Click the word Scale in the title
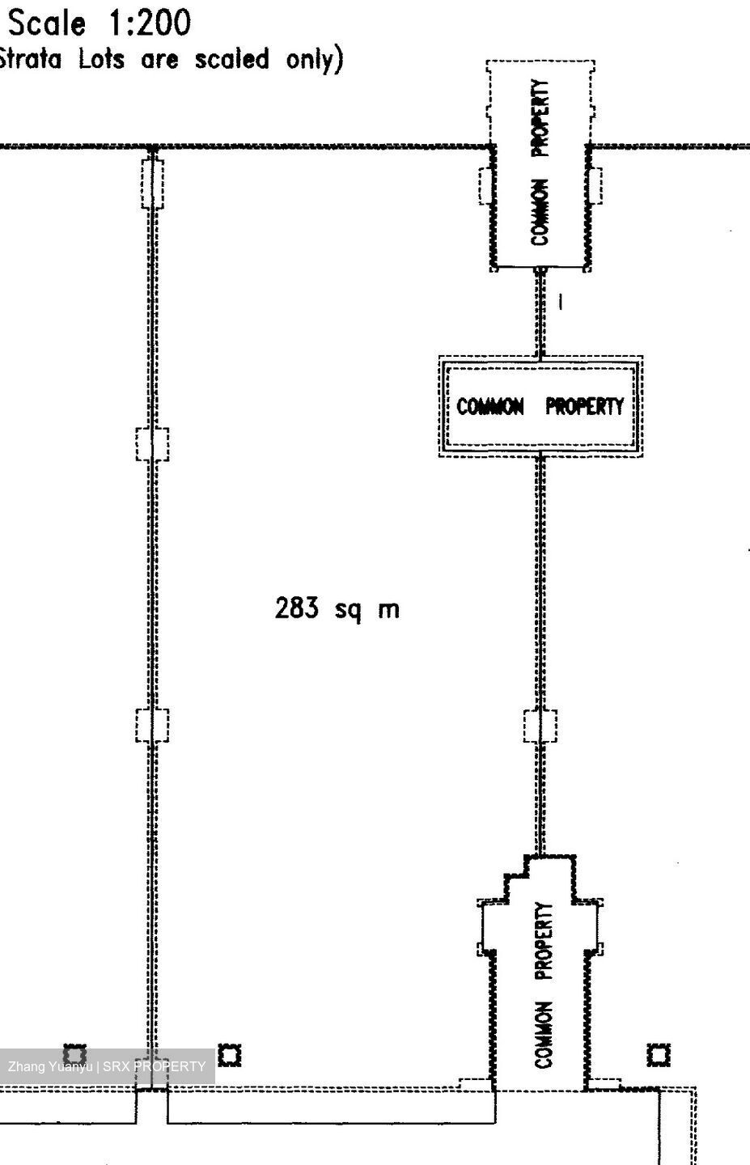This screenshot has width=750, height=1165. (47, 24)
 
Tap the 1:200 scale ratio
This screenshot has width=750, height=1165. (150, 24)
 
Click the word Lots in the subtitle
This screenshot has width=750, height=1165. (101, 59)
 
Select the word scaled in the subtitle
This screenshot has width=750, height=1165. (232, 59)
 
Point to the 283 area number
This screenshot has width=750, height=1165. (296, 608)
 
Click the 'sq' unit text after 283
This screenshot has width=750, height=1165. (347, 610)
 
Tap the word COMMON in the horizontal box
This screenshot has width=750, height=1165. (490, 406)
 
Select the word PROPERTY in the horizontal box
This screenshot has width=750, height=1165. (585, 406)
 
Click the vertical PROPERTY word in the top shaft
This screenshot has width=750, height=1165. (540, 118)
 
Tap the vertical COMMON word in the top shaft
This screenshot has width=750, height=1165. (540, 212)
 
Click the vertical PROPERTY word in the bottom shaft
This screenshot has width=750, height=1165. (544, 942)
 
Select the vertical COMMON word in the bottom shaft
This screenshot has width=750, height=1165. (544, 1035)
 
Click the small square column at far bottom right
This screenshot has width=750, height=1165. (659, 1055)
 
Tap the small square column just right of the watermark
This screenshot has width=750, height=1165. (230, 1055)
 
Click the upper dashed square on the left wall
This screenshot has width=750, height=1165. (152, 444)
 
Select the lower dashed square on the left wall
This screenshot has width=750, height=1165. (152, 725)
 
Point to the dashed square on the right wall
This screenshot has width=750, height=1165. (540, 726)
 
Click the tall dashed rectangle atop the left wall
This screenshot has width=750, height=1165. (152, 184)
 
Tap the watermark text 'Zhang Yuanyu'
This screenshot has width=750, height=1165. (50, 1066)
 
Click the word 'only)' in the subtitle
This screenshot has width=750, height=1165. (316, 60)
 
